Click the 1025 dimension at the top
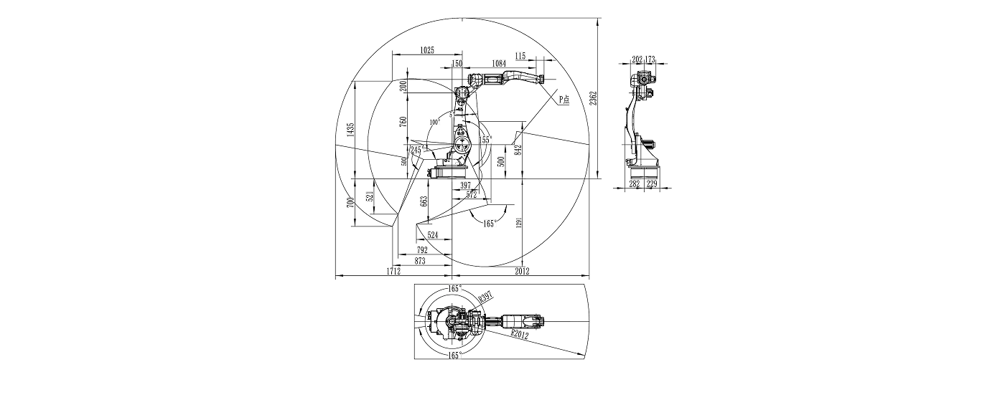tap(427, 49)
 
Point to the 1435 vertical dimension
tap(350, 129)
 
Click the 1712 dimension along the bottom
tap(393, 271)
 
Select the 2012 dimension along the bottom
tap(521, 271)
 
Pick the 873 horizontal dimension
tap(420, 262)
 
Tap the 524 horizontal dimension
tap(433, 234)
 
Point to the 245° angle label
tap(416, 150)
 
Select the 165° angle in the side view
tap(490, 224)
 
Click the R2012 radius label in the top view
tap(521, 334)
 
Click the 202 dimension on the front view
tap(637, 59)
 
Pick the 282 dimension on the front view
tap(635, 184)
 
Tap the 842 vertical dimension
tap(518, 150)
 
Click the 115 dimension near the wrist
tap(520, 55)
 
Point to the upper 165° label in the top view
tap(454, 288)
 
